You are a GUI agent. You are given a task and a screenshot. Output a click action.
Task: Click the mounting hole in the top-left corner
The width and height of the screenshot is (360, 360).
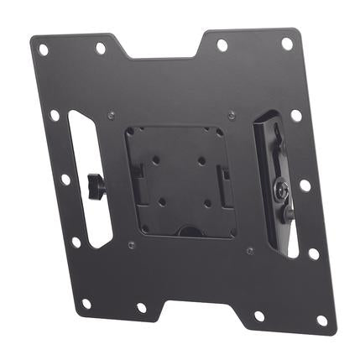[x=44, y=50]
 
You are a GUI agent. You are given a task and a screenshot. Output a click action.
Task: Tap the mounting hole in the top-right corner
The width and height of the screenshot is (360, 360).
[x=286, y=43]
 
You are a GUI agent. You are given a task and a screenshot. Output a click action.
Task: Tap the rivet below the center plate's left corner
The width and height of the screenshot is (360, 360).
[x=131, y=244]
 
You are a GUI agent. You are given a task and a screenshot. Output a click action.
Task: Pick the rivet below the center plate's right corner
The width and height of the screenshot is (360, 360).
[x=249, y=250]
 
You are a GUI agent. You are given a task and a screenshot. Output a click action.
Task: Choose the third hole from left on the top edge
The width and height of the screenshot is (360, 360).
[x=222, y=44]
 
